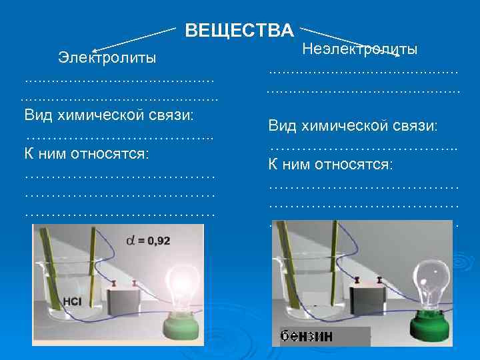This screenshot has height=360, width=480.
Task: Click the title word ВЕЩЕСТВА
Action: pos(239,31)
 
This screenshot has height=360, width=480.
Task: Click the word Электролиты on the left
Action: pos(107,57)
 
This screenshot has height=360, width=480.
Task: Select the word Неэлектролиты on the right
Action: pos(360,49)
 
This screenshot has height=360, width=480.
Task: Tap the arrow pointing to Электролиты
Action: pos(133,40)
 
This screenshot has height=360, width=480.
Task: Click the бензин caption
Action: pos(306,337)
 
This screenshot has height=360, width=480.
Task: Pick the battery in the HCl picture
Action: pos(125,299)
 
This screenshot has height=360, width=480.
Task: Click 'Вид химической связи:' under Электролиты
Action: pos(109,115)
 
